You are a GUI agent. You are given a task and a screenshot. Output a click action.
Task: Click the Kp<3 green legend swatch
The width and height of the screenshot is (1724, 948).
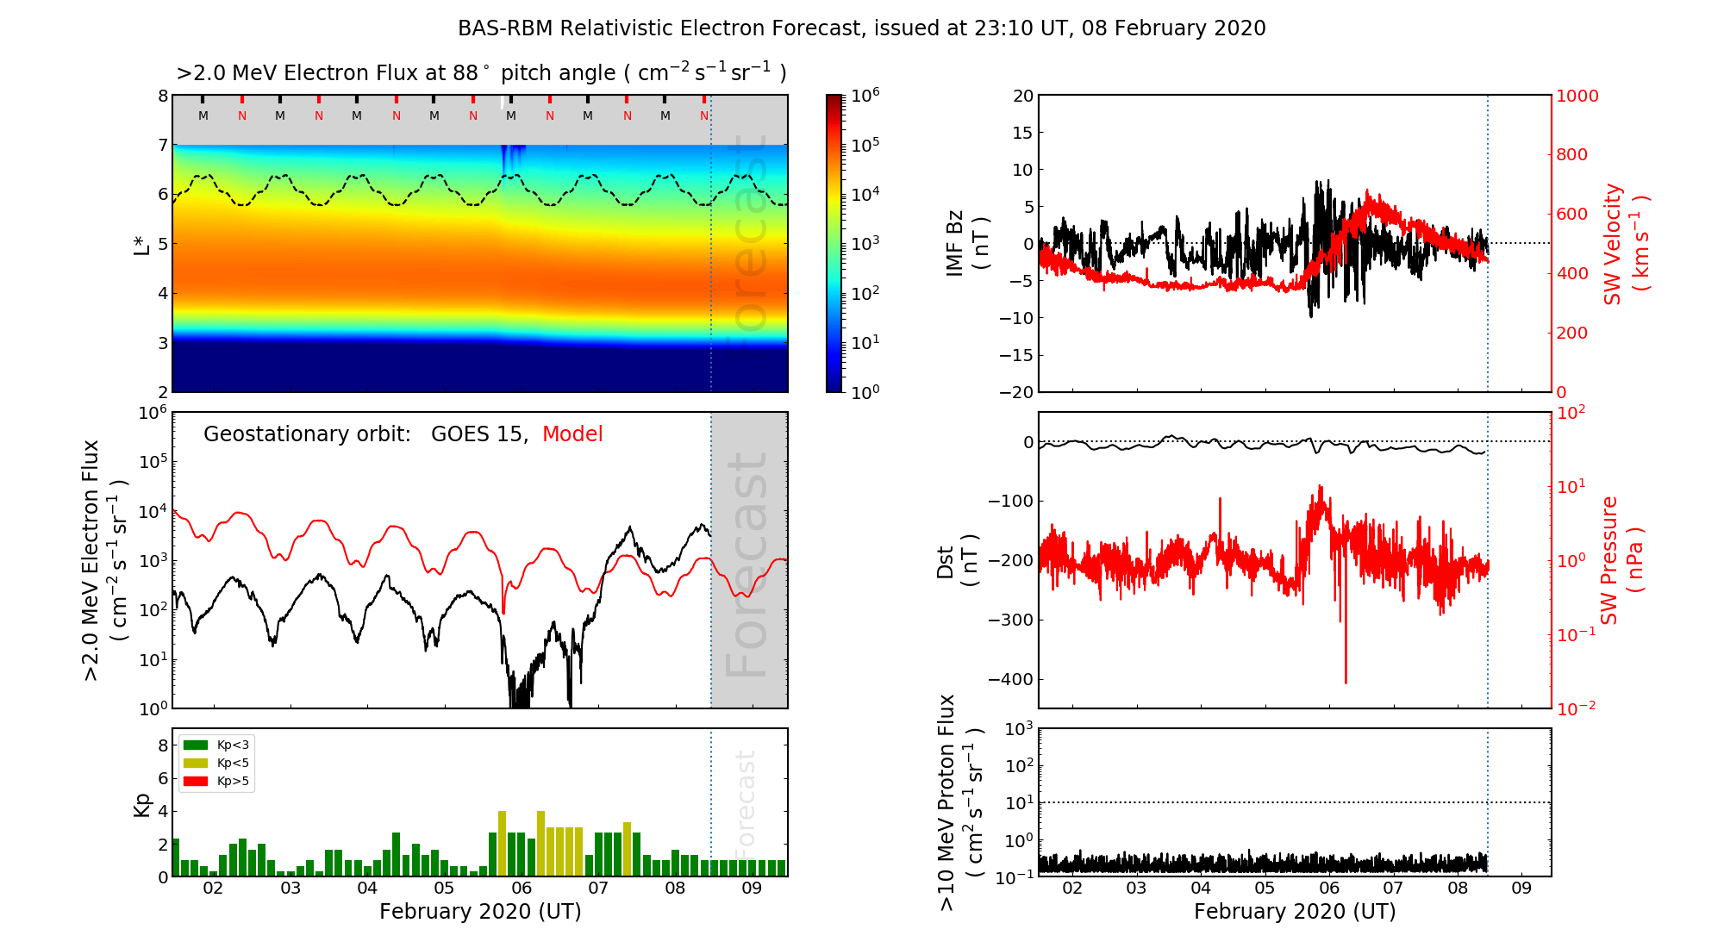(196, 745)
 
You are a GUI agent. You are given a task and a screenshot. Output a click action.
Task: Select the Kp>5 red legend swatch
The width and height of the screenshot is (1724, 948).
(196, 782)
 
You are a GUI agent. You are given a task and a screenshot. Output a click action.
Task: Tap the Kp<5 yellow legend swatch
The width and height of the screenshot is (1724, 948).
(196, 763)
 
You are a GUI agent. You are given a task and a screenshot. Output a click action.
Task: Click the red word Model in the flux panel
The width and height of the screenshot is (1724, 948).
(572, 434)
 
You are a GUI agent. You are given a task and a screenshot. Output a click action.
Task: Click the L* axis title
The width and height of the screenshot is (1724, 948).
(141, 243)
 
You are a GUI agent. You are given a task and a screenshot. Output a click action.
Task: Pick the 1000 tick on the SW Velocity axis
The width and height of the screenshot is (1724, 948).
(1577, 97)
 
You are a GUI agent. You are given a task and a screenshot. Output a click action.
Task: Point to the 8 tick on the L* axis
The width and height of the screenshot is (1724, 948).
(163, 96)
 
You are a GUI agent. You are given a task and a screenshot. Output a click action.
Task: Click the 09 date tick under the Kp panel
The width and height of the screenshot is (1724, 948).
(752, 889)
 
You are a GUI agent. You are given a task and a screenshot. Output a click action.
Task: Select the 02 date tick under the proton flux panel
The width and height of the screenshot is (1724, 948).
(1072, 889)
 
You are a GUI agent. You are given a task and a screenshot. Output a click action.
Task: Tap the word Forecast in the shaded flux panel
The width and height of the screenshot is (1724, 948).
(746, 564)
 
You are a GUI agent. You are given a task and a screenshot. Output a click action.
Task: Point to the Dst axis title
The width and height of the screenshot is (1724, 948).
(958, 560)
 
